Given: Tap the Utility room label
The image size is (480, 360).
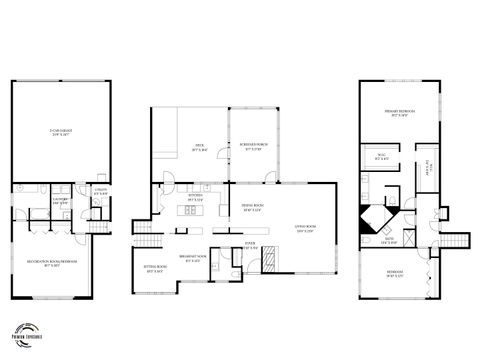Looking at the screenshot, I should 100,191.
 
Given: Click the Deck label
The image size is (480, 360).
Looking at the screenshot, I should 200,149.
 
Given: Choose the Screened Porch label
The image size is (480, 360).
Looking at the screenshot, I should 254,149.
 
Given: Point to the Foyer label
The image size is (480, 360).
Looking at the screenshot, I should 249,244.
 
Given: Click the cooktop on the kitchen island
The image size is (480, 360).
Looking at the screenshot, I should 189,211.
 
